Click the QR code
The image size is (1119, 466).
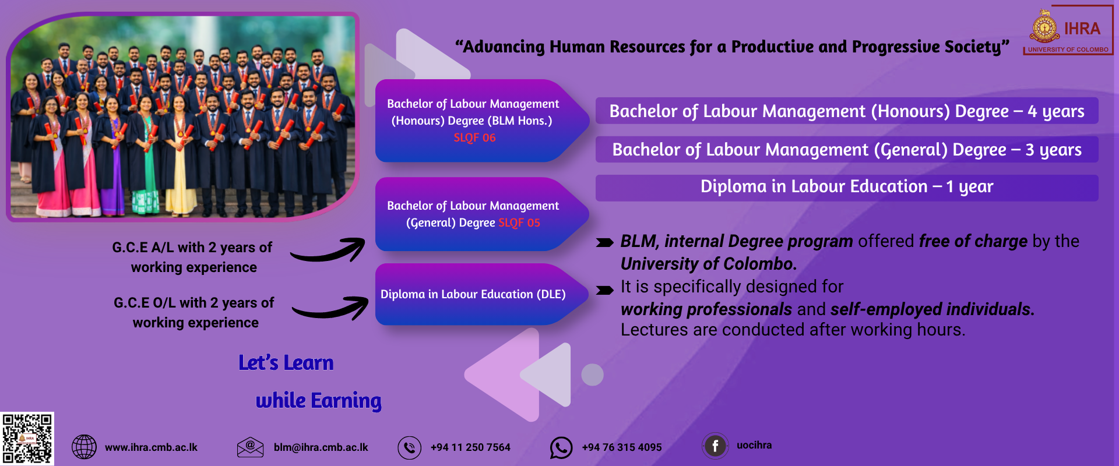[x=27, y=439]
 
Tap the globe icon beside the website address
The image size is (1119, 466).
[x=84, y=447]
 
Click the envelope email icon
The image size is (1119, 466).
[x=251, y=447]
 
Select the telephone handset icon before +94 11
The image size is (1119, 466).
[x=409, y=448]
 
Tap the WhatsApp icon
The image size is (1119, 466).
[x=561, y=448]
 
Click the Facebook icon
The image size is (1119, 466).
[x=715, y=446]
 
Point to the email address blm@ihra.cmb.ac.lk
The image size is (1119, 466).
[x=321, y=447]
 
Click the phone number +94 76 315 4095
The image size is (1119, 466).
[x=622, y=447]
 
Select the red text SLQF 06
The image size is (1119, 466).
[x=474, y=137]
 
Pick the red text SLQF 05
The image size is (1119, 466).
[x=519, y=223]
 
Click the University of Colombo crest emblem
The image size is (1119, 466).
[x=1045, y=27]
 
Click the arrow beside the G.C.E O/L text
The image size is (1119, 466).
[x=330, y=308]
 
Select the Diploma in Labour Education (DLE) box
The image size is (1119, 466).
[x=481, y=294]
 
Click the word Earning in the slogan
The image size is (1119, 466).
[x=346, y=401]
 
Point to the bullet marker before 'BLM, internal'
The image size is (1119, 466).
[x=605, y=243]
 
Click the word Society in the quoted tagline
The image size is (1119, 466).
[x=973, y=47]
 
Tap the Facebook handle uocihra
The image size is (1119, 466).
[x=754, y=445]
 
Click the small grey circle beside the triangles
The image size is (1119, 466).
[x=592, y=375]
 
